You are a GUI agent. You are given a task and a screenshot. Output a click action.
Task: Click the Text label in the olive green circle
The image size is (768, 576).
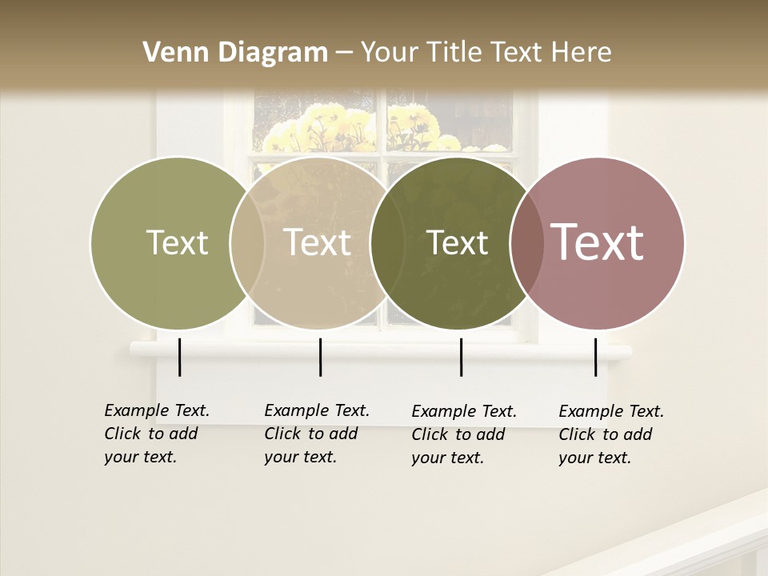click(177, 242)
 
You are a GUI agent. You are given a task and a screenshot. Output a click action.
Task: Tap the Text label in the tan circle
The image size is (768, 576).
click(318, 242)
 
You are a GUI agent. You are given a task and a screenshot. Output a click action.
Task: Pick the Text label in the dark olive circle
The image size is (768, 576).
click(458, 242)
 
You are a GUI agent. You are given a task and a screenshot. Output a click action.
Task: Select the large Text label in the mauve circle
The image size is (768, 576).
click(598, 242)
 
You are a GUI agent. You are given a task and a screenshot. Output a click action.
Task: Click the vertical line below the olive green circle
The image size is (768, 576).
click(179, 357)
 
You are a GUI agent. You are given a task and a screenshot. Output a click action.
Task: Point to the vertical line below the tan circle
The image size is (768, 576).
click(320, 357)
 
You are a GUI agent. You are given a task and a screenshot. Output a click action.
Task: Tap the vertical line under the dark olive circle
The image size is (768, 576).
click(461, 357)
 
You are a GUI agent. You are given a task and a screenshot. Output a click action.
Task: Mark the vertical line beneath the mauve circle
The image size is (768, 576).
click(595, 357)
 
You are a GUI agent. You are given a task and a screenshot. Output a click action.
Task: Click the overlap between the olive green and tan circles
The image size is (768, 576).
click(247, 242)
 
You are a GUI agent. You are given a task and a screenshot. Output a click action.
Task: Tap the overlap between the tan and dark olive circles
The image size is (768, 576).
click(387, 242)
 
